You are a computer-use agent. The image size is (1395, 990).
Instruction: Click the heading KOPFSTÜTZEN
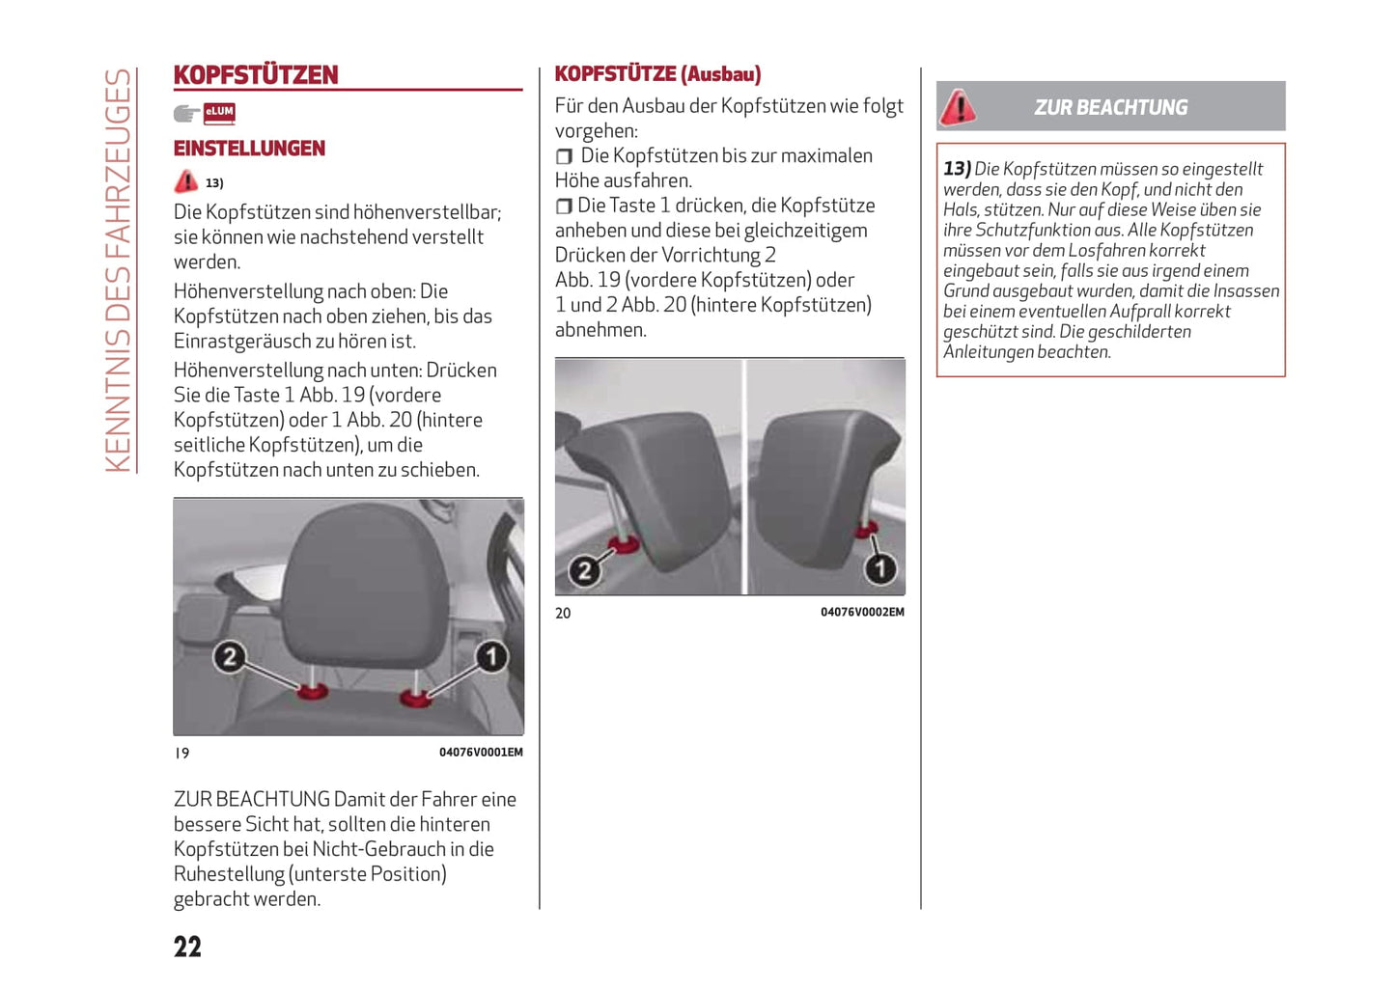256,75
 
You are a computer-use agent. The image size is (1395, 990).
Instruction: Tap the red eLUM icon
219,113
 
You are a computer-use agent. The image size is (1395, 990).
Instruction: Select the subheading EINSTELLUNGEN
249,149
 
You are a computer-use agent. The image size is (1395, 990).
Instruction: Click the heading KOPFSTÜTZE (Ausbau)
657,74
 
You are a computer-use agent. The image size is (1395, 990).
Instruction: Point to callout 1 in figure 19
491,657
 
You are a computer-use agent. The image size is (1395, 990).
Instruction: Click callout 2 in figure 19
229,657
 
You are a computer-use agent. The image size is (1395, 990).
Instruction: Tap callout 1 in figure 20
879,568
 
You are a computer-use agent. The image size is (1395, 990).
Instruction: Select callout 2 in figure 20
583,570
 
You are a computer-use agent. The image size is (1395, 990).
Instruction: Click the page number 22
187,947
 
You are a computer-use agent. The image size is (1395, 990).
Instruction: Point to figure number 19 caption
181,753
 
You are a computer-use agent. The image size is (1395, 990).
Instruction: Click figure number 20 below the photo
563,613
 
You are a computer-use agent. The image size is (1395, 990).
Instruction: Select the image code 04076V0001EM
481,753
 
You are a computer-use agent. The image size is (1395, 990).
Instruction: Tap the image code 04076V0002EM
862,612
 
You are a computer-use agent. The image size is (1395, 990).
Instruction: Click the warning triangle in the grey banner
959,107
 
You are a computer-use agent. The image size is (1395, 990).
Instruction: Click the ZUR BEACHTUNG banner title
1110,107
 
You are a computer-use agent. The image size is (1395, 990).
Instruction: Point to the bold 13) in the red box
957,169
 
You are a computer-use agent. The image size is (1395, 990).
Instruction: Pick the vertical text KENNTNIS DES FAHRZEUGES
118,270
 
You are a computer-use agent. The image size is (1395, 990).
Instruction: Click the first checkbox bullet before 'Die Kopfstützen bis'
565,156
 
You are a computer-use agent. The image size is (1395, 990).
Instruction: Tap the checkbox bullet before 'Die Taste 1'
565,206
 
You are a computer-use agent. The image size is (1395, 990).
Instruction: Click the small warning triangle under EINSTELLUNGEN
186,181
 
